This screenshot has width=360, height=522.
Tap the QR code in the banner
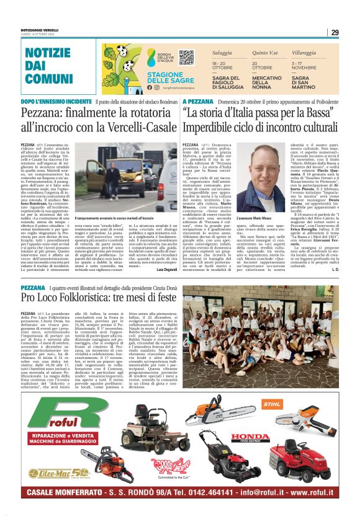click(x=186, y=58)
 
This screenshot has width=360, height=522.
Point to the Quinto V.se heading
click(x=263, y=54)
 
